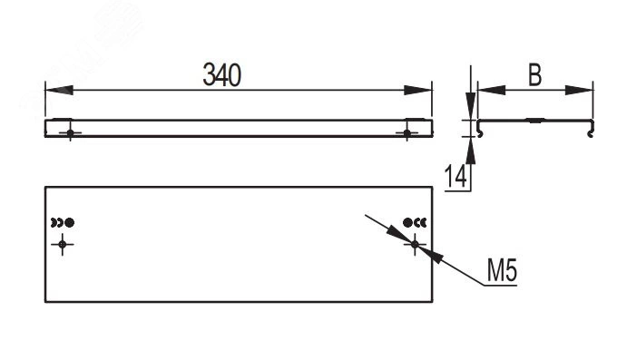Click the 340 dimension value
[222, 74]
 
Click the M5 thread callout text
[503, 270]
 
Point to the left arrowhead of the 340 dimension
[59, 91]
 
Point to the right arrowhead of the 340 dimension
[418, 91]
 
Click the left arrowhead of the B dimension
[492, 91]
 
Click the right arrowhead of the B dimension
[579, 91]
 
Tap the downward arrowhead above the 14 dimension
[471, 106]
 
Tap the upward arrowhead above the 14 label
[471, 151]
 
